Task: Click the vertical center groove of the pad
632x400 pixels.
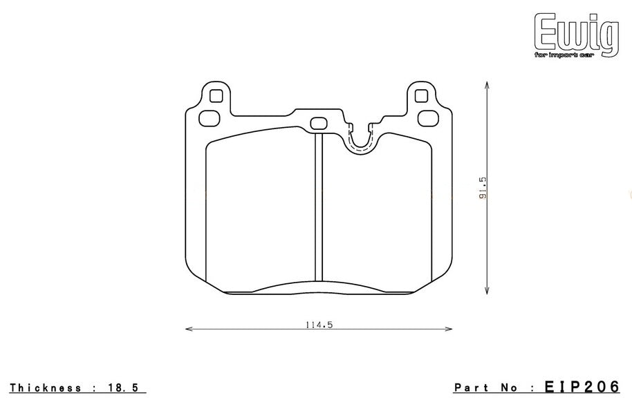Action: coord(318,207)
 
